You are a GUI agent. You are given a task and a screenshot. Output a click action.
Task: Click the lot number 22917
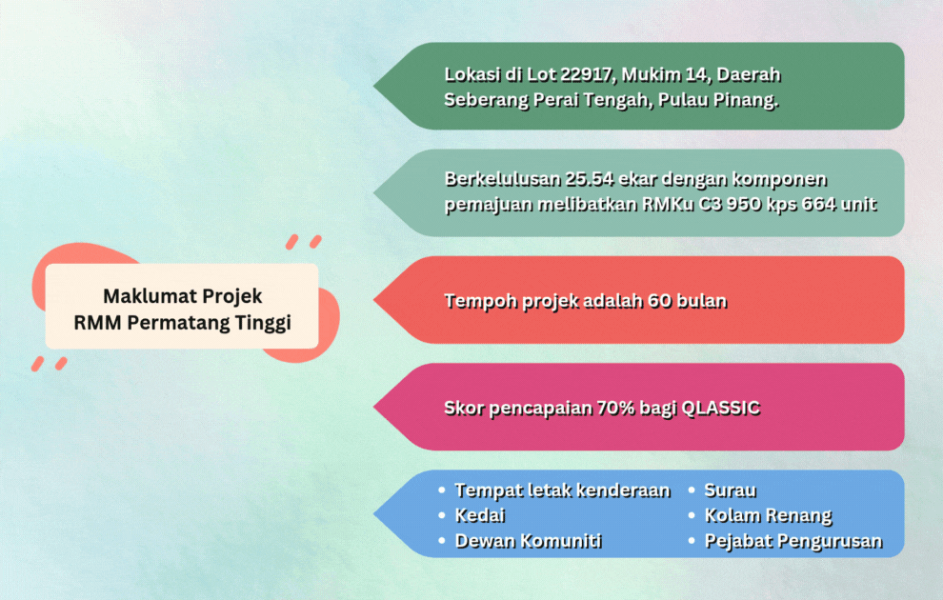(585, 74)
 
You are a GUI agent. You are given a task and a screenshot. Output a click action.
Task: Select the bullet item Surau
(730, 490)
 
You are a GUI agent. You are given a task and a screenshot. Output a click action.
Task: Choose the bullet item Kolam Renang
(768, 516)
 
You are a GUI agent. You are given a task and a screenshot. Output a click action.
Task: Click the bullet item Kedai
(479, 516)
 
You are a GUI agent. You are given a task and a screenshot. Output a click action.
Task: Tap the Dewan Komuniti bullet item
(528, 541)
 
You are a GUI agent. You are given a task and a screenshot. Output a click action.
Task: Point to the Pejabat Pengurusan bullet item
(793, 541)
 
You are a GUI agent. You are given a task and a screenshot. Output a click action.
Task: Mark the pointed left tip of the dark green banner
(374, 86)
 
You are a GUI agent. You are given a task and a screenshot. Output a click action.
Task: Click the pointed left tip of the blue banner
(374, 514)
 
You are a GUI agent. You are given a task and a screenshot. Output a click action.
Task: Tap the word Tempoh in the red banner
(480, 301)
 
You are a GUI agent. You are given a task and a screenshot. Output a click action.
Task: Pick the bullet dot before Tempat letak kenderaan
(442, 490)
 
